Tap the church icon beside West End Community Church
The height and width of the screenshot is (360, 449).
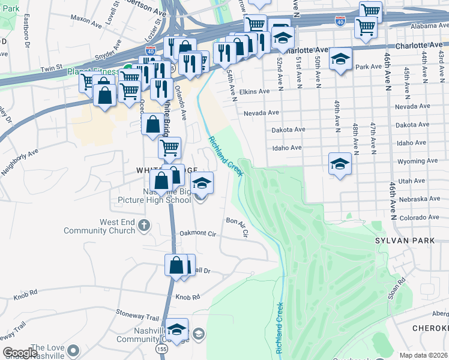[143, 226]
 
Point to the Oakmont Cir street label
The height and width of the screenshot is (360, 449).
[197, 233]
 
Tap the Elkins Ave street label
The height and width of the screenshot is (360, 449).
[255, 92]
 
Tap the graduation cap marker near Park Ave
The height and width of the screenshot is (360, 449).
[340, 59]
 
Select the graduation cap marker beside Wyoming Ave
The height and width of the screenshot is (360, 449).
[340, 164]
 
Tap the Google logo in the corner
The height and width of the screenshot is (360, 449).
[20, 353]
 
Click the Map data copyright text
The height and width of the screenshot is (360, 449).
[423, 355]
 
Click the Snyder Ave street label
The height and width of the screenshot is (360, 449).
[109, 59]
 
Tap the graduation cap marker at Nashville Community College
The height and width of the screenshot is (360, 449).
[176, 329]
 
